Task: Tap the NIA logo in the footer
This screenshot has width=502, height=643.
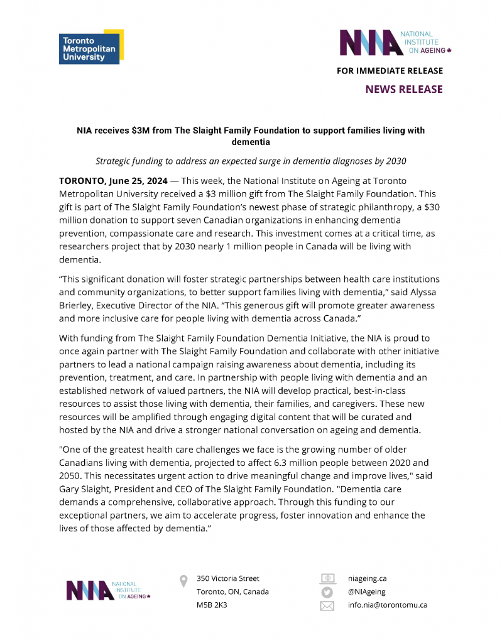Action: tap(109, 590)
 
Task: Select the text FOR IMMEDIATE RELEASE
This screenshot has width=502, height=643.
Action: tap(390, 71)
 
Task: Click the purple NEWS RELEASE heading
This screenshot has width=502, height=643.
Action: tap(404, 89)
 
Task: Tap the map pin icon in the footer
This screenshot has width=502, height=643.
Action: tap(183, 581)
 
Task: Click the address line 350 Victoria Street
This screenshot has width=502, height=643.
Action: tap(227, 578)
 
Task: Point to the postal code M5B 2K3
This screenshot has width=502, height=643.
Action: tap(212, 605)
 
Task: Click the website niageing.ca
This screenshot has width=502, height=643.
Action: tap(367, 578)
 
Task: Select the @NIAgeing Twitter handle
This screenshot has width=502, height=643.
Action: tap(367, 592)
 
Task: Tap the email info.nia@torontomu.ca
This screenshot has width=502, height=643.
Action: tap(388, 605)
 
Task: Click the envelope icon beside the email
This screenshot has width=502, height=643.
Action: tap(327, 606)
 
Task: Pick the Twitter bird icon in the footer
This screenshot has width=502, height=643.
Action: tap(327, 592)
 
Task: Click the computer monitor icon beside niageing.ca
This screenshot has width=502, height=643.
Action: tap(327, 578)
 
